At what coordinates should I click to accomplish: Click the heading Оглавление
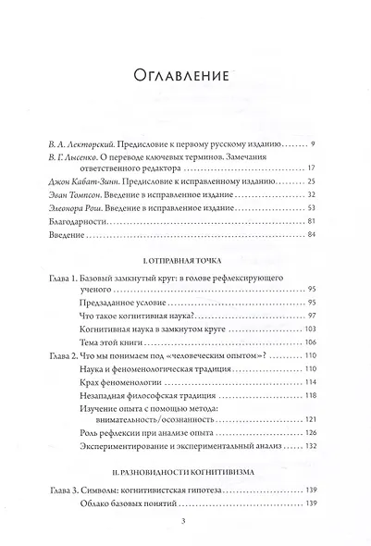click(x=185, y=75)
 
